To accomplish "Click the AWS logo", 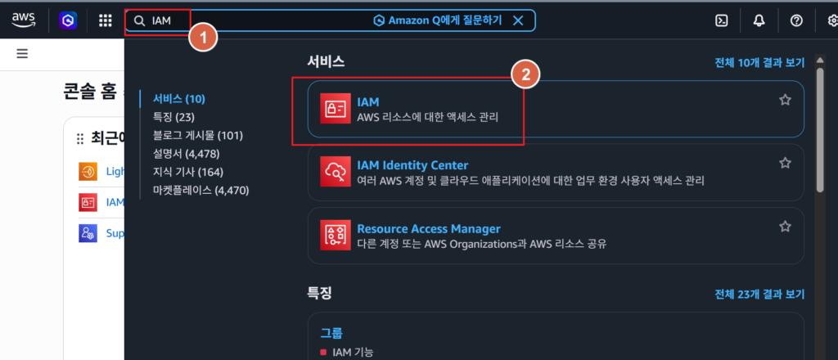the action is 24,20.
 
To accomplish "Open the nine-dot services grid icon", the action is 106,20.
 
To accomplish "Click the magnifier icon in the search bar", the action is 139,20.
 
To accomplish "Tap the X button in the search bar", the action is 518,20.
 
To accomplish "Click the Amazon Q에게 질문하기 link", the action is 438,20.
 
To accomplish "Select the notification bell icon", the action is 759,20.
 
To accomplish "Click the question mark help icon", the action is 796,20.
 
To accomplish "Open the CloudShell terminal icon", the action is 722,20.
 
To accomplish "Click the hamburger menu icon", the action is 22,53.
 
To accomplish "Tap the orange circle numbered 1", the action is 203,38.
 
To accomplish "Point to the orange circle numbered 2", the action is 526,75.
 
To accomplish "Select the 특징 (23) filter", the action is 173,117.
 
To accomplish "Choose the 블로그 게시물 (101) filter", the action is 198,136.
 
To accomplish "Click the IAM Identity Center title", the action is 412,165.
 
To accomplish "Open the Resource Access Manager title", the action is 429,228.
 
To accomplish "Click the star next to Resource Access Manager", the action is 785,227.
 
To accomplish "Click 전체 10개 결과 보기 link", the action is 759,62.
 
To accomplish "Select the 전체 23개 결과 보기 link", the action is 759,295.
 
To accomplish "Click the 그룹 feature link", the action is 331,333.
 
